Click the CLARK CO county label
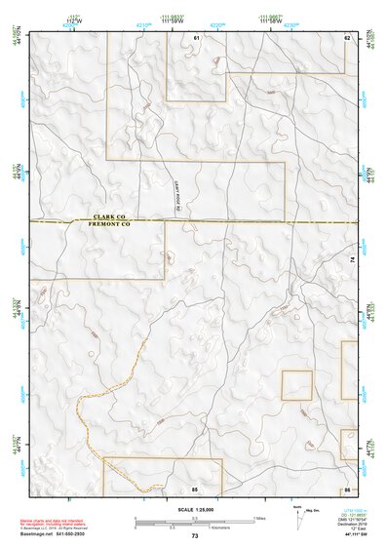point(111,217)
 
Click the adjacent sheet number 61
point(196,37)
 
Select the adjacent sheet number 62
point(347,37)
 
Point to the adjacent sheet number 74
point(351,258)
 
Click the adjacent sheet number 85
point(195,487)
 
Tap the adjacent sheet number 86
point(347,487)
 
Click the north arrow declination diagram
point(298,516)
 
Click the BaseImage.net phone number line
point(55,533)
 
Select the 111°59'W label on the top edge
point(174,19)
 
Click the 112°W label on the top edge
point(73,19)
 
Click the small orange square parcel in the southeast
point(296,385)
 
